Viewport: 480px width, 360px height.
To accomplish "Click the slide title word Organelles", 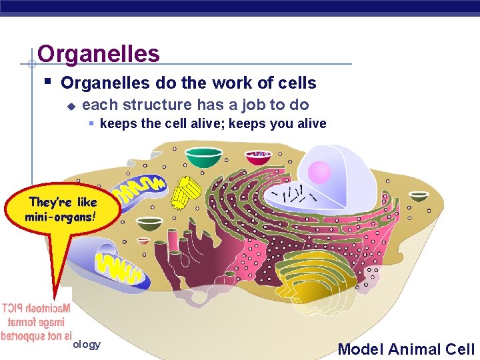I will (x=99, y=53).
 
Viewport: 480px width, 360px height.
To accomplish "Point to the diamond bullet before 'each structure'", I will (x=71, y=105).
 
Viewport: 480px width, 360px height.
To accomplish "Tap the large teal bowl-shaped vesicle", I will (x=203, y=157).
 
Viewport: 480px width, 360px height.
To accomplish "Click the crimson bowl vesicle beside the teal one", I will (x=258, y=157).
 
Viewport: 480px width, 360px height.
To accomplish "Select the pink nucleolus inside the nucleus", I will (x=320, y=173).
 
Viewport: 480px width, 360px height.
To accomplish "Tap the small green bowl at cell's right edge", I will (x=418, y=196).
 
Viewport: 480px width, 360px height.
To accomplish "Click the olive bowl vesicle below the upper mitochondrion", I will (x=151, y=223).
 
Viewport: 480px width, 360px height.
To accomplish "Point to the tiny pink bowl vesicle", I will (x=143, y=241).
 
